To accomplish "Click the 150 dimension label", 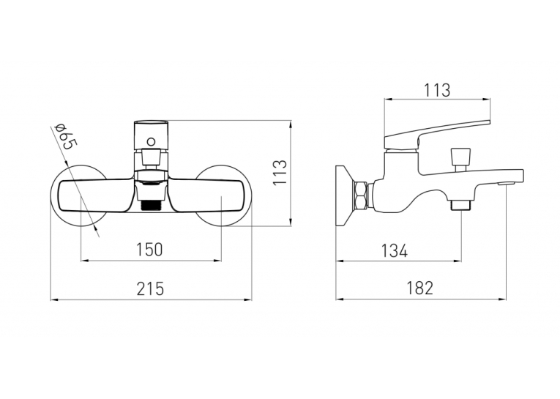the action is click(x=149, y=250).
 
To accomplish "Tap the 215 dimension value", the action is click(x=150, y=288).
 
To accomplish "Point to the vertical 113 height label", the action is click(x=280, y=172).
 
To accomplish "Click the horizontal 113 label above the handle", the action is click(x=437, y=90).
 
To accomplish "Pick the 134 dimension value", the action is click(x=395, y=250).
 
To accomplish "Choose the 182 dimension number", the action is click(x=420, y=288).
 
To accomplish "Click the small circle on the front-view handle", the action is click(x=151, y=142).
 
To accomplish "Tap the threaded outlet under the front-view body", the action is click(x=151, y=205).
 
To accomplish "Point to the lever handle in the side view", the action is click(x=436, y=134).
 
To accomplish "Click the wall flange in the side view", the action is click(x=344, y=195).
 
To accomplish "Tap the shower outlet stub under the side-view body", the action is click(x=460, y=205).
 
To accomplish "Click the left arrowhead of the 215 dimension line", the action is click(x=54, y=299).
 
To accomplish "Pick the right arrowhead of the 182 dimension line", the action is click(x=502, y=299).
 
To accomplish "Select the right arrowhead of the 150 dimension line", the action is click(x=217, y=261).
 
